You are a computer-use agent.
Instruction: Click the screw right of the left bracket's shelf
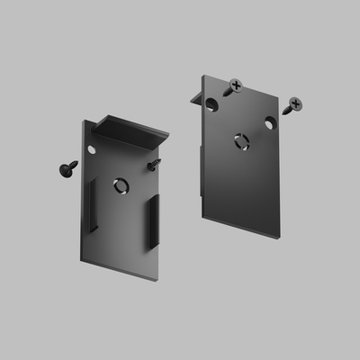[155, 164]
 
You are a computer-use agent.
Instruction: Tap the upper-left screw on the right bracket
[235, 86]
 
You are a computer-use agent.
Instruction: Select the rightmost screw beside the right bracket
[292, 106]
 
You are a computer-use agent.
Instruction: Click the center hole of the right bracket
[240, 139]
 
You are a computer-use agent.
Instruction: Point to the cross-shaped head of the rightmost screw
[295, 104]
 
